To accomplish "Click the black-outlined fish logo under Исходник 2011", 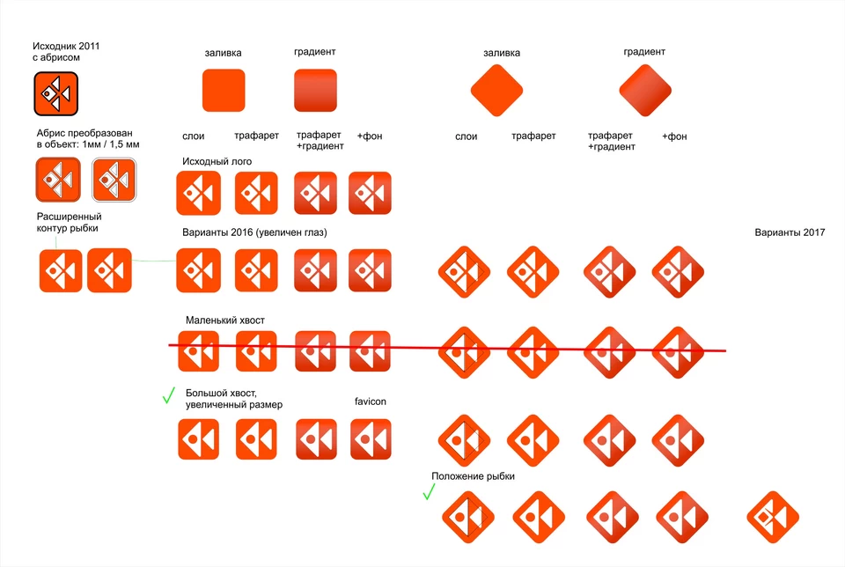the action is click(56, 94).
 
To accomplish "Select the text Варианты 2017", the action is click(790, 232).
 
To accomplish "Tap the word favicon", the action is click(371, 401).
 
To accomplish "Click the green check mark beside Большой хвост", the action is click(169, 395).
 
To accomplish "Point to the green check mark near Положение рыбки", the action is click(429, 491).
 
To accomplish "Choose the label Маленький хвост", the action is click(224, 320).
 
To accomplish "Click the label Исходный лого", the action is click(217, 161).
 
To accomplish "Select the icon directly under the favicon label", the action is click(371, 439).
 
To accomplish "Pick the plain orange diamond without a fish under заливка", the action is click(496, 91).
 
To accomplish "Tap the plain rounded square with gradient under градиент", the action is click(315, 91).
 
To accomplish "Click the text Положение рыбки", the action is click(473, 476).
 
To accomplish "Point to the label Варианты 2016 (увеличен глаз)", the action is click(254, 232).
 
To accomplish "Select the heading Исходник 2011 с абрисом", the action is click(66, 52).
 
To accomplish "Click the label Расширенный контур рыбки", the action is click(69, 222).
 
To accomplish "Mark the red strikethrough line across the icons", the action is click(447, 348).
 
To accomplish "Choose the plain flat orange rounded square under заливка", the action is click(224, 91).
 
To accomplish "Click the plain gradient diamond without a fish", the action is click(645, 91).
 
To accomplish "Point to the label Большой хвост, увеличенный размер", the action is click(234, 399).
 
